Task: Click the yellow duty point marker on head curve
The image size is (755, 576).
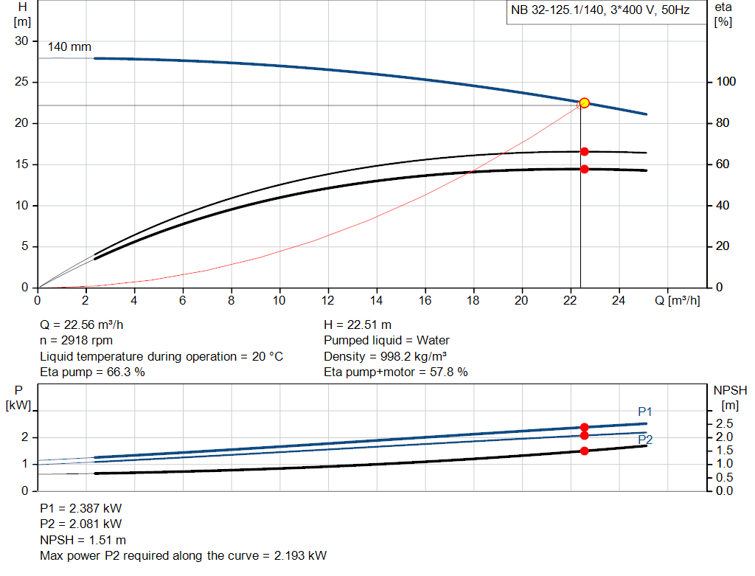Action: coord(584,103)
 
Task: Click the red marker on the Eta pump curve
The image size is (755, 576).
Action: coord(584,151)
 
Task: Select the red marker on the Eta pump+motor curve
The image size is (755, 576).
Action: coord(584,169)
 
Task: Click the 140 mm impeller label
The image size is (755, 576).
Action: coord(69,47)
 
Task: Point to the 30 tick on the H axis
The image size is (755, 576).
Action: coord(22,41)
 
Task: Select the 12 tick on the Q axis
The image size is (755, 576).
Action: coord(328,300)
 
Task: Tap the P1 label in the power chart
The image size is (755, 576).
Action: coord(645,412)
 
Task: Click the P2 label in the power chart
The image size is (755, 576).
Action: coord(645,440)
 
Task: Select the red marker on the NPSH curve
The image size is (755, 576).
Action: coord(584,451)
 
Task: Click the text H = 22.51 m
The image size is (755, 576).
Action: coord(358,325)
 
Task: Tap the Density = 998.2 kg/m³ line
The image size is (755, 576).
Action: coord(385,356)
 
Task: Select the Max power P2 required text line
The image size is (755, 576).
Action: coord(183,555)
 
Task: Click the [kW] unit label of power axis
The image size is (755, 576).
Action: coord(18,404)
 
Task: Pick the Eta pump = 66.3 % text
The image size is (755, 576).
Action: coord(92,372)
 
